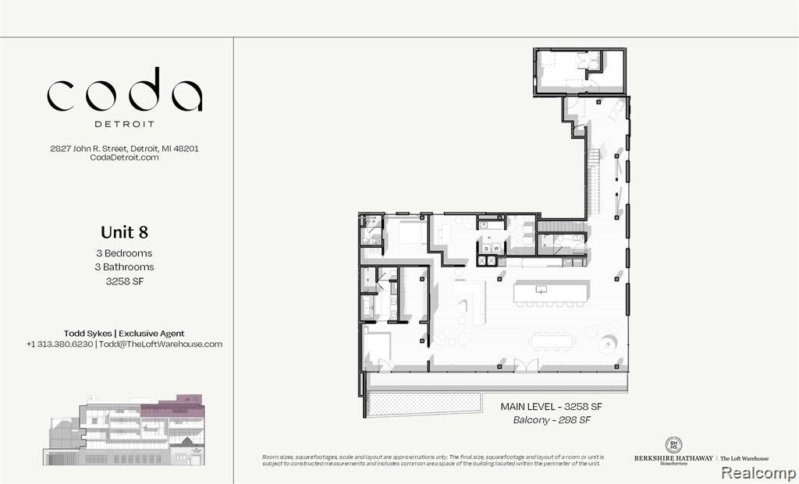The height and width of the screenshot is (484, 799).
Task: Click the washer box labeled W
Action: click(495, 249)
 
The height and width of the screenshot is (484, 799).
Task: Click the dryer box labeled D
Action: click(485, 249)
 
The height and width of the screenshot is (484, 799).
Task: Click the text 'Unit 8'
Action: click(124, 232)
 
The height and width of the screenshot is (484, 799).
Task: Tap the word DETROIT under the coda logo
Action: click(125, 123)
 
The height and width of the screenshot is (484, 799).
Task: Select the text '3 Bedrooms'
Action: click(125, 253)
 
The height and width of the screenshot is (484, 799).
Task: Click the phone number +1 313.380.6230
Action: click(59, 344)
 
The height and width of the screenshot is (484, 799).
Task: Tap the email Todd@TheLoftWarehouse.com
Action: click(159, 344)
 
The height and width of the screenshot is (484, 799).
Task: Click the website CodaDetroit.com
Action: click(125, 157)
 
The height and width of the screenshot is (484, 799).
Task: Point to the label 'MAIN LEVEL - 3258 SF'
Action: click(552, 407)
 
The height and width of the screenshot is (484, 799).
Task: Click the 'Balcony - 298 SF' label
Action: click(552, 421)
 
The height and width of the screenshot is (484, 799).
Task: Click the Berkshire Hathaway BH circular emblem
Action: click(673, 446)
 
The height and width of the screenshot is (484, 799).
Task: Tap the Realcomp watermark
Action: click(758, 472)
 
